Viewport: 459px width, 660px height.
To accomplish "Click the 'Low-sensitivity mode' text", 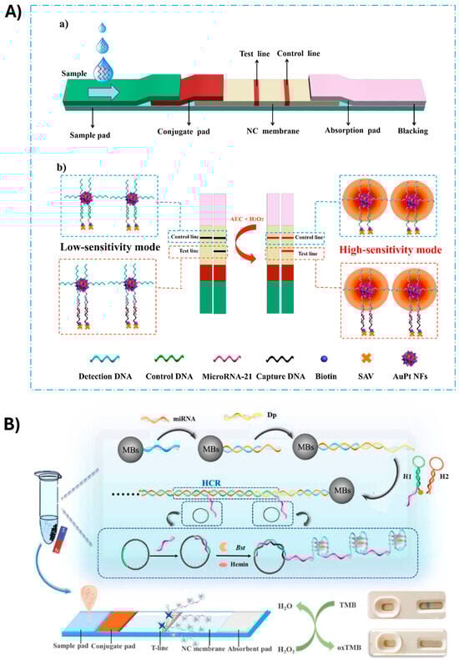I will tap(109, 249).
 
